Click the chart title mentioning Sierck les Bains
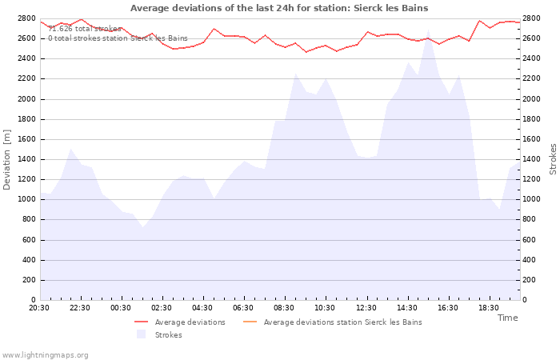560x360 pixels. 279,8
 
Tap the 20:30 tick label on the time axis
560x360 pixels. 39,308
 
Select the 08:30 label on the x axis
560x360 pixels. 284,308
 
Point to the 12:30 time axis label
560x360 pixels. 366,308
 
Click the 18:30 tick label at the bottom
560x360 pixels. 489,308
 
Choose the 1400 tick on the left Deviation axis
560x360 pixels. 26,160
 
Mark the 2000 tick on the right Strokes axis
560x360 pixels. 531,99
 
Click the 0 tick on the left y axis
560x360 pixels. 34,300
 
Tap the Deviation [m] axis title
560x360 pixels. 6,160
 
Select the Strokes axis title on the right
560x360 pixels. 553,159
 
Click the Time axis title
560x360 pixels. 508,318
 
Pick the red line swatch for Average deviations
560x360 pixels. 141,322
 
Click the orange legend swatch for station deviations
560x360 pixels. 250,322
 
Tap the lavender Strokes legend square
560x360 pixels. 141,334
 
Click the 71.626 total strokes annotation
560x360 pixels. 85,29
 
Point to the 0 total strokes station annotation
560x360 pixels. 118,38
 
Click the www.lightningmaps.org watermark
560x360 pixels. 45,355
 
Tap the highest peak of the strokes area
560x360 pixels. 428,30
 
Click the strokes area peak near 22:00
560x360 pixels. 70,149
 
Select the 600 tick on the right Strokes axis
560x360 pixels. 529,240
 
